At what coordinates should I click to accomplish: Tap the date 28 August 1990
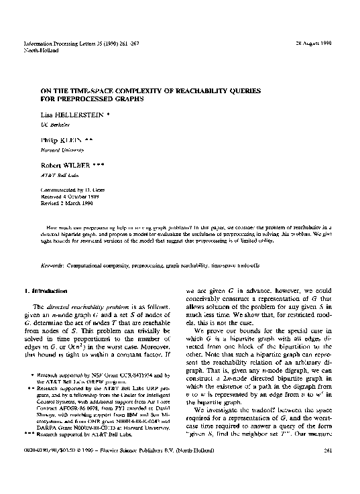pyautogui.click(x=316, y=43)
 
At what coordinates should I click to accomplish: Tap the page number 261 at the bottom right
pyautogui.click(x=328, y=469)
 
